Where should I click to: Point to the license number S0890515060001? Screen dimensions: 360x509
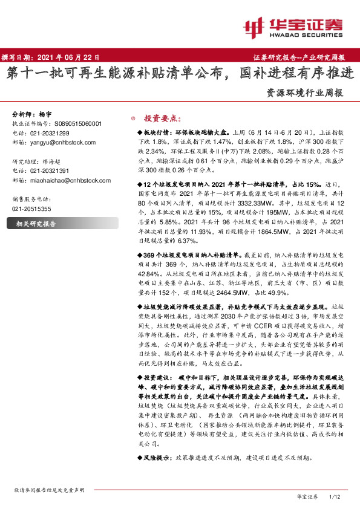coord(76,123)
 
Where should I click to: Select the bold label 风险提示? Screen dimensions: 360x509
coord(158,459)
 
